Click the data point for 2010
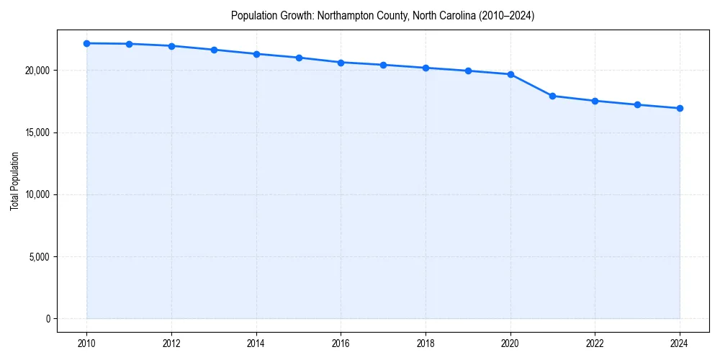[86, 43]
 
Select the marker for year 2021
[552, 96]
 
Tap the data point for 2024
[680, 108]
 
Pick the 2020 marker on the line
[510, 74]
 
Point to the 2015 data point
[299, 58]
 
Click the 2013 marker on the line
[214, 50]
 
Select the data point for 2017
[383, 65]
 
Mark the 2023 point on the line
[637, 104]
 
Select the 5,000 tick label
[40, 257]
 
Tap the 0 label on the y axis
[48, 319]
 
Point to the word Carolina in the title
[437, 15]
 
